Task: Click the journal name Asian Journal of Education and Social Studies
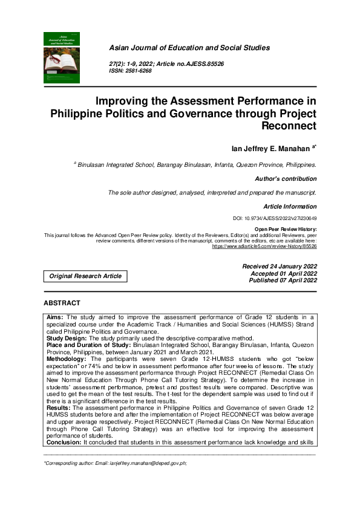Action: [x=189, y=48]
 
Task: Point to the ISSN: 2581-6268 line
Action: [x=130, y=71]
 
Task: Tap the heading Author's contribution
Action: [x=286, y=179]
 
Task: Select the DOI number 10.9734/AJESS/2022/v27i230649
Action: [x=283, y=218]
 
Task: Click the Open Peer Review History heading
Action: [x=286, y=230]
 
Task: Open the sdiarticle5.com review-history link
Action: [x=264, y=247]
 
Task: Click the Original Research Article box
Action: [x=85, y=276]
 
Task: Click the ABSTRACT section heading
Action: [x=62, y=302]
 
